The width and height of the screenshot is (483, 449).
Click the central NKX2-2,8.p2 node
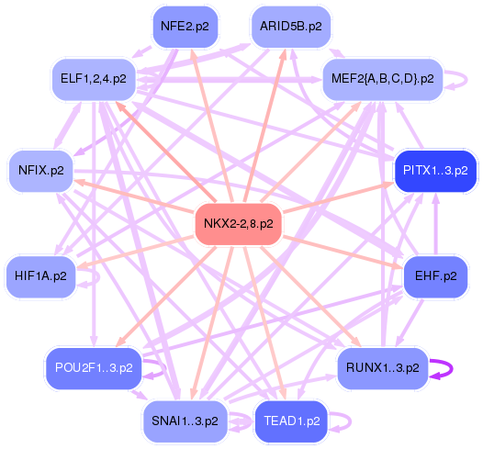pos(239,224)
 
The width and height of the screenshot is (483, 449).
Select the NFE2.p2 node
pos(185,27)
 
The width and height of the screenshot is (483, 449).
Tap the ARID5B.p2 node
pos(290,27)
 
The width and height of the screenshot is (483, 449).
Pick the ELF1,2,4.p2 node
pos(94,79)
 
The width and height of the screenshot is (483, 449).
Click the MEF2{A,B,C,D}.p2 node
pos(382,79)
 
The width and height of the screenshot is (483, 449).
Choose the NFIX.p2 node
pos(41,171)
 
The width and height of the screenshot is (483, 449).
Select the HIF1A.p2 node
pos(41,275)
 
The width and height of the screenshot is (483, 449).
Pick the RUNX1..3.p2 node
pos(382,368)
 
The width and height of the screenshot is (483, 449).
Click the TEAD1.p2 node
pos(291,421)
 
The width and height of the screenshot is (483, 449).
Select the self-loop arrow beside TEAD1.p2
pos(346,421)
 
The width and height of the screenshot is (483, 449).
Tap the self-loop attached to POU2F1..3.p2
pos(163,370)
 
